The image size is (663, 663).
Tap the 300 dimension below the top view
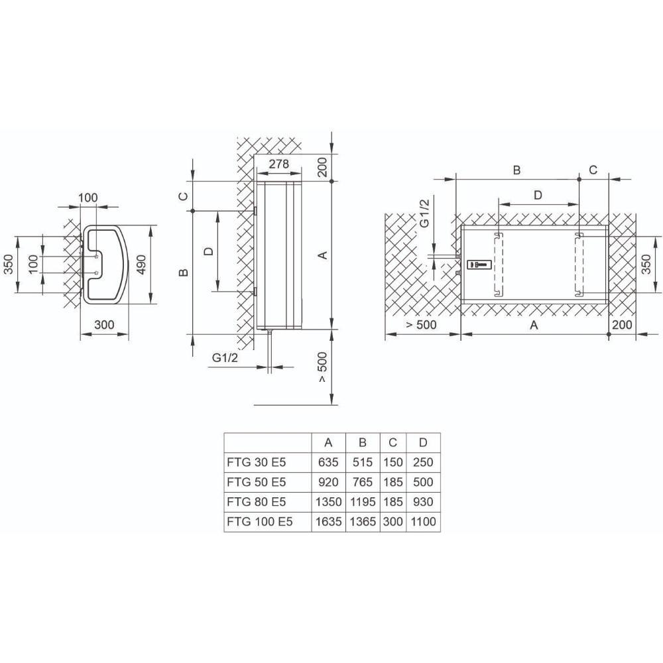coord(104,324)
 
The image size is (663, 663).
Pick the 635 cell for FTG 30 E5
coord(328,462)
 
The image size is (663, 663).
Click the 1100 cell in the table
coord(423,522)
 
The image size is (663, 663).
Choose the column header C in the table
coord(393,442)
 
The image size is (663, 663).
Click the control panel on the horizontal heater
coord(478,265)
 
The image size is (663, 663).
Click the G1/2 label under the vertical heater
coord(225,358)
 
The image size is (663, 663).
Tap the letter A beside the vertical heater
coord(322,255)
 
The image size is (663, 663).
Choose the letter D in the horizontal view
coord(538,195)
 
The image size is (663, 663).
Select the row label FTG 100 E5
coord(259,522)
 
